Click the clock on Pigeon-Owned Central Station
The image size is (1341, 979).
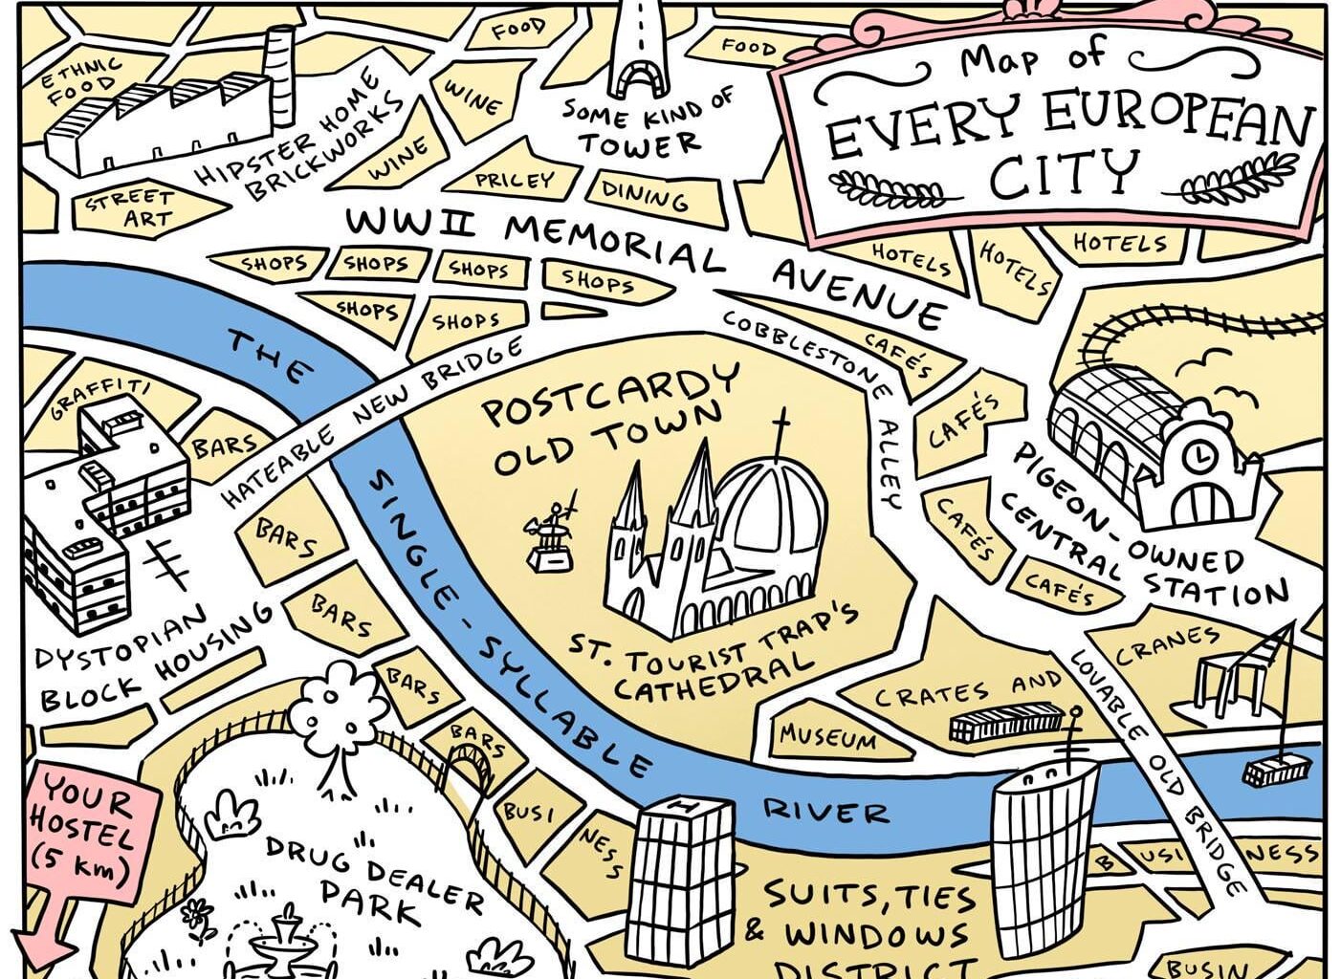(x=1198, y=457)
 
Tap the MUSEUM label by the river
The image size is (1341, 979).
(x=826, y=737)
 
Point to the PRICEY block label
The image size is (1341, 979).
(x=515, y=179)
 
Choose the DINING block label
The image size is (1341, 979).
(x=645, y=195)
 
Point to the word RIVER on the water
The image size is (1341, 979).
(x=824, y=811)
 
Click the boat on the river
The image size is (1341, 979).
(x=1277, y=769)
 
